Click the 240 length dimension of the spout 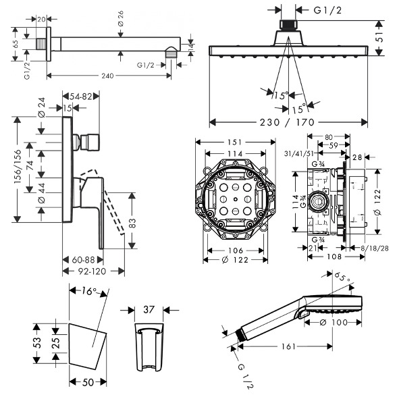(107, 76)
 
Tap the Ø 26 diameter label (121, 18)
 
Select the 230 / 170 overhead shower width (287, 123)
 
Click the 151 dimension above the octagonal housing (235, 142)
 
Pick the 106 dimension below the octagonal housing (236, 250)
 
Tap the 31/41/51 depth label (298, 153)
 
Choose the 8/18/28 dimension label (375, 248)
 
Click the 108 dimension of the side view (334, 257)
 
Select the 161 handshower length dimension (288, 346)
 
